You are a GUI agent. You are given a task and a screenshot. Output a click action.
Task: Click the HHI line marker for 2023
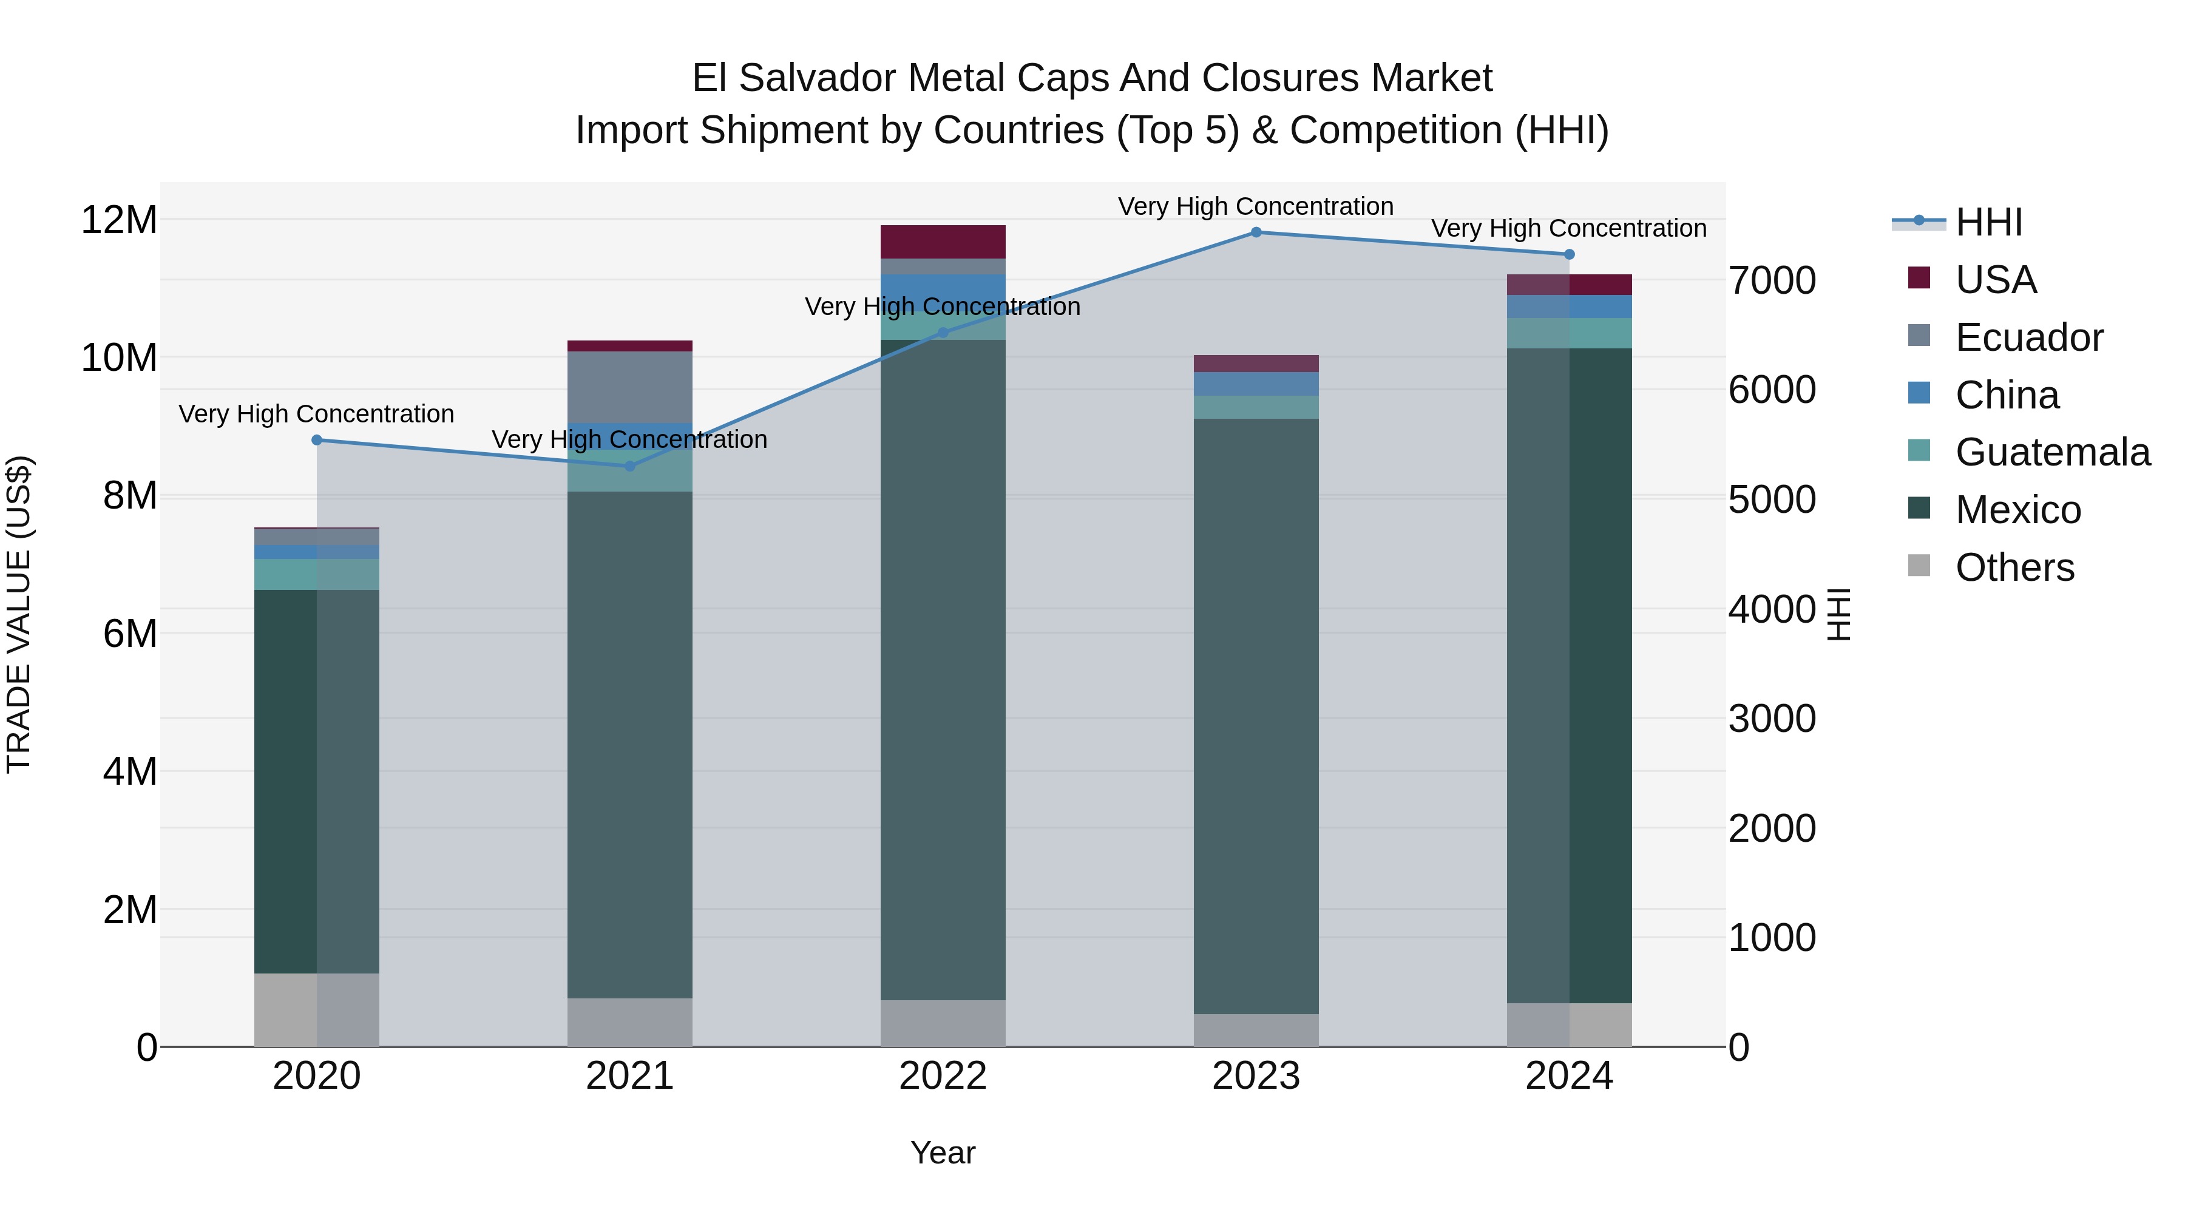pyautogui.click(x=1256, y=232)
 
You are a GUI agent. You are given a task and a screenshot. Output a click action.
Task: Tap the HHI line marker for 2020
pyautogui.click(x=316, y=440)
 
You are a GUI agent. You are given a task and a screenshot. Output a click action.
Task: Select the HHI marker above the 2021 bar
pyautogui.click(x=629, y=466)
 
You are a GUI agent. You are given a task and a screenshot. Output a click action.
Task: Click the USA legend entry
pyautogui.click(x=1996, y=280)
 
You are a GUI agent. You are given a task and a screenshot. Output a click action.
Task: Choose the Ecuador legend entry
pyautogui.click(x=2029, y=337)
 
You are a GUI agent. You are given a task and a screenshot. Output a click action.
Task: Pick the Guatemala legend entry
pyautogui.click(x=2052, y=452)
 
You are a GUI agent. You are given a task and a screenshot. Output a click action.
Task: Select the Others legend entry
pyautogui.click(x=2014, y=567)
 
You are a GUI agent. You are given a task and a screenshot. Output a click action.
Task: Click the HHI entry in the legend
pyautogui.click(x=1988, y=222)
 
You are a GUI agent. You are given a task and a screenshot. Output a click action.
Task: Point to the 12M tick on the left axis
pyautogui.click(x=119, y=220)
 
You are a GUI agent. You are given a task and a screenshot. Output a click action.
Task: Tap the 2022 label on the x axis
pyautogui.click(x=943, y=1076)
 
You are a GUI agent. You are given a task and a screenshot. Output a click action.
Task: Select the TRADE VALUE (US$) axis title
pyautogui.click(x=19, y=614)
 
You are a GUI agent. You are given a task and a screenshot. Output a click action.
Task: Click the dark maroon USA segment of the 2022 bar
pyautogui.click(x=943, y=242)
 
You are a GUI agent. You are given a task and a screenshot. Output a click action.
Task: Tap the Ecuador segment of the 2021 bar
pyautogui.click(x=629, y=387)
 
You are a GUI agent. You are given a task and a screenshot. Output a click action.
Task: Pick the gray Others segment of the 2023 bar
pyautogui.click(x=1256, y=1031)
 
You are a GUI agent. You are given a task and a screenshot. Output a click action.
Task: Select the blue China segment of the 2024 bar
pyautogui.click(x=1569, y=306)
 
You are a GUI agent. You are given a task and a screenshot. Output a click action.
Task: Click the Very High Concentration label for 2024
pyautogui.click(x=1568, y=229)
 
